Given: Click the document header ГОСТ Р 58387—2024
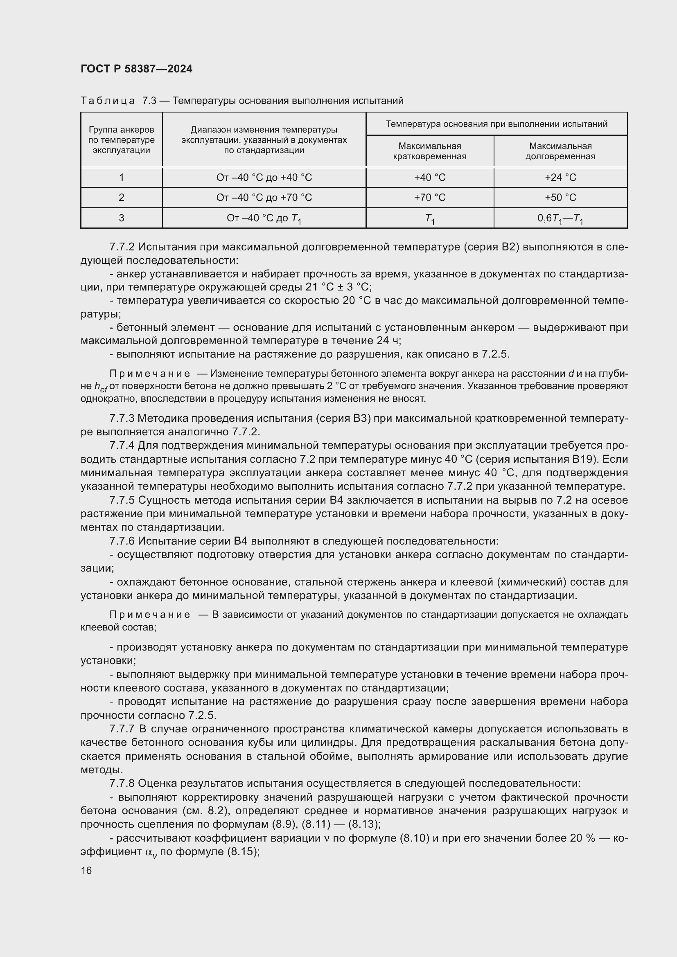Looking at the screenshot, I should point(136,69).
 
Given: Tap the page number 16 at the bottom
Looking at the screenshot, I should point(86,870).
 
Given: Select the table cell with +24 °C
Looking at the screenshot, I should point(560,178).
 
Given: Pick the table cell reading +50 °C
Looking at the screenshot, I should point(560,198).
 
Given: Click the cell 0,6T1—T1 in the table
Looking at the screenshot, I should point(560,218).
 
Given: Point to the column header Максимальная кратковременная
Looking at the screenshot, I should point(429,151).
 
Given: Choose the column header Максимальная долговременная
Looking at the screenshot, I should point(560,151).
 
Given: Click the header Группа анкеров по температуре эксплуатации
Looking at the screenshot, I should point(121,140).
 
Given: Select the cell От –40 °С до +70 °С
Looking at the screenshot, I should point(264,198).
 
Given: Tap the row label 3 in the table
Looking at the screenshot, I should point(121,218).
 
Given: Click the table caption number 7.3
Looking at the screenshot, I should point(149,101).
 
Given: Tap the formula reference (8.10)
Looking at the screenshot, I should point(414,838).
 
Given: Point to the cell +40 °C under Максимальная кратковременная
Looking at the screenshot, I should point(429,178).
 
